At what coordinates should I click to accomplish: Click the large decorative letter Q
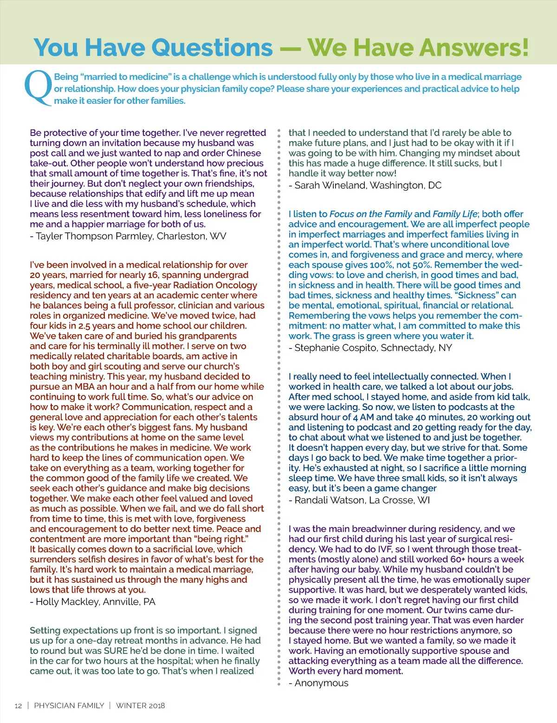tap(38, 87)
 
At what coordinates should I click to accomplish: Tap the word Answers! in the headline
tap(464, 47)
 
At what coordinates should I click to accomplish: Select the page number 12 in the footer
tap(18, 706)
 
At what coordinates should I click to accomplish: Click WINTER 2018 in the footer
tap(140, 706)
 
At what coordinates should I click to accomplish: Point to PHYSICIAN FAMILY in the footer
tap(69, 706)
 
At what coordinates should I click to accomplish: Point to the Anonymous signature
tap(321, 683)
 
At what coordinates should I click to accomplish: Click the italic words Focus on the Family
tap(370, 214)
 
